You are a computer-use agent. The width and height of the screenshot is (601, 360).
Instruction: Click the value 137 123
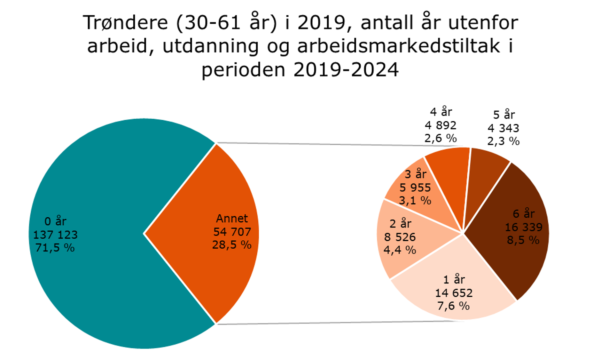pos(55,235)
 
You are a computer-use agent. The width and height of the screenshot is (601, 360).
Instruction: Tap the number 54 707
pos(232,232)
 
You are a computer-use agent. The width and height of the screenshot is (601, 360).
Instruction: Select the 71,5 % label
pos(55,248)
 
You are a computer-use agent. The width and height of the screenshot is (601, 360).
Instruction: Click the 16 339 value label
pos(523,227)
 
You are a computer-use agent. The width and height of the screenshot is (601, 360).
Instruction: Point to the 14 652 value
pos(454,293)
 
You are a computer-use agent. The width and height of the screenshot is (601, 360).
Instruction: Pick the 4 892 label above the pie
pos(440,125)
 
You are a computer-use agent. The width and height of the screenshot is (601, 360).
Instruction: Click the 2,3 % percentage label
pos(503,141)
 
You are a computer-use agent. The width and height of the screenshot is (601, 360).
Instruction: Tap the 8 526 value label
pos(400,237)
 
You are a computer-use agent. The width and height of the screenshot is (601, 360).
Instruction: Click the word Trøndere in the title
pos(125,23)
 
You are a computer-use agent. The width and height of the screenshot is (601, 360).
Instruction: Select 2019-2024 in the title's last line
pos(346,70)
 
